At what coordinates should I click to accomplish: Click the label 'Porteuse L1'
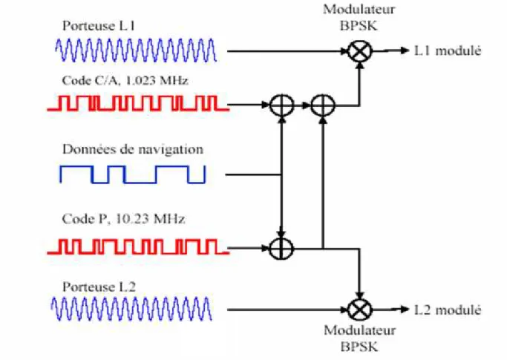point(99,26)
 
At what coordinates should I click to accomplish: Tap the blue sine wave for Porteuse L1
point(136,50)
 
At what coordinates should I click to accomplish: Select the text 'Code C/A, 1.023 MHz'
point(125,80)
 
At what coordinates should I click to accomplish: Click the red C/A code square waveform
point(138,103)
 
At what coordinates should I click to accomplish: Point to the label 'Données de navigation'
point(133,149)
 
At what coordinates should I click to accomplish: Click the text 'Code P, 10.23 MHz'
point(123,219)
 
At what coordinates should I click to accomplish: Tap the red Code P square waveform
point(138,246)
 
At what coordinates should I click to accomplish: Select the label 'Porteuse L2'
point(99,287)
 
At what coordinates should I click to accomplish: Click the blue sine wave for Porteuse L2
point(131,309)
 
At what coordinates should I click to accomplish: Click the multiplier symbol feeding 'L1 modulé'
point(359,51)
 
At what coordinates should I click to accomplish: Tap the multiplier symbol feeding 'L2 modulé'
point(359,310)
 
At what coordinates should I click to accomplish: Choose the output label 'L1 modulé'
point(448,50)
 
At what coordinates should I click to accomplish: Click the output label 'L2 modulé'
point(448,310)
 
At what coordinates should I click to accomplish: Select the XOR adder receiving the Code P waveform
point(281,249)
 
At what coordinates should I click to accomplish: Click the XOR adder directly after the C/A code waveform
point(281,105)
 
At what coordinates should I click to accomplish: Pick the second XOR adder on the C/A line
point(323,105)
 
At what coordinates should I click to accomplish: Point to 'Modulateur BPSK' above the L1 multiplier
point(359,18)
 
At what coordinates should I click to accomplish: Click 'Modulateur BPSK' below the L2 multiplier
point(359,338)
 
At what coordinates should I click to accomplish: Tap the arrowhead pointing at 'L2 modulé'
point(405,310)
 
